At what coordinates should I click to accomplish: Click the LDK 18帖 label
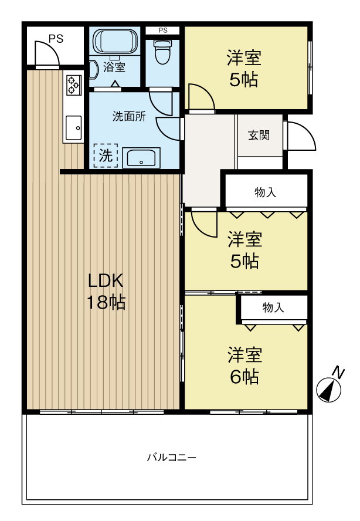click(106, 291)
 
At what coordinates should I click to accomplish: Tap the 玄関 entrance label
click(258, 136)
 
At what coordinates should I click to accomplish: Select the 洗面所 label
click(129, 116)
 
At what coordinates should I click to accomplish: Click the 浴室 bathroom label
click(114, 67)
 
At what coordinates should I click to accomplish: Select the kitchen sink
click(74, 127)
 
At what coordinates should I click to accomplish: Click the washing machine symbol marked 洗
click(106, 156)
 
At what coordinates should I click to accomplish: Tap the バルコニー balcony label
click(172, 457)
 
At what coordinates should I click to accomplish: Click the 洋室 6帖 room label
click(244, 365)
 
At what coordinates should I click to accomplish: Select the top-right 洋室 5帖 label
click(244, 69)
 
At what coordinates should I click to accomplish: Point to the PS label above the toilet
click(162, 30)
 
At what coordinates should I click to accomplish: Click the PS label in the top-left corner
click(56, 39)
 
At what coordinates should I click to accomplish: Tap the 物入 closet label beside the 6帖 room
click(273, 307)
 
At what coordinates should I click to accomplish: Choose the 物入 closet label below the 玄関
click(265, 192)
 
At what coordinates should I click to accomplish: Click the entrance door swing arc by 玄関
click(301, 137)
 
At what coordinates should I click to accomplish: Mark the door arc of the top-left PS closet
click(47, 54)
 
